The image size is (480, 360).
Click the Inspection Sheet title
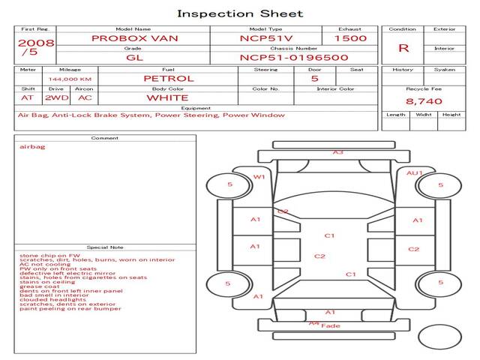(x=240, y=13)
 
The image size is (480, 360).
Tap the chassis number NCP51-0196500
(x=294, y=57)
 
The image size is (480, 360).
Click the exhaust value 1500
(x=350, y=38)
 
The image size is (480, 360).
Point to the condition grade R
(x=403, y=48)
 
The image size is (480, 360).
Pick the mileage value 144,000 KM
(x=70, y=79)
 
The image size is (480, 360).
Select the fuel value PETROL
(x=168, y=78)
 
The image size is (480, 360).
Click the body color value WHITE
(x=167, y=97)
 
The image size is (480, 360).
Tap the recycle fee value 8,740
(x=424, y=100)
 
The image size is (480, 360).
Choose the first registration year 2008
(x=35, y=43)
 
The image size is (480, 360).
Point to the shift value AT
(x=28, y=97)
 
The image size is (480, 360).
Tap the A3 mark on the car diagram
(x=338, y=152)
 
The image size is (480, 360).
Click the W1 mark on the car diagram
(x=259, y=177)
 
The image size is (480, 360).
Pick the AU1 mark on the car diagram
(x=415, y=173)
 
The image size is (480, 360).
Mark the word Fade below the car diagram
(x=331, y=326)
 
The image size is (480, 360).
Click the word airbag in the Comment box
(x=32, y=147)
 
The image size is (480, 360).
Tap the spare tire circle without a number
(x=439, y=337)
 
